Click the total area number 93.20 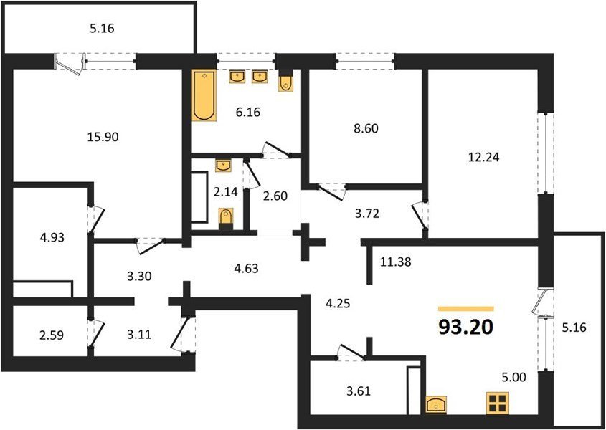[x=465, y=328]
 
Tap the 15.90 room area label [x=103, y=136]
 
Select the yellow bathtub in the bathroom [x=204, y=95]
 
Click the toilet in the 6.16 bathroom [x=285, y=82]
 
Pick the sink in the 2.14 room [x=223, y=166]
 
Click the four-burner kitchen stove [x=498, y=402]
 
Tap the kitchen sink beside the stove [x=436, y=404]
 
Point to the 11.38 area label [x=396, y=263]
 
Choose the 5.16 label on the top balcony [x=102, y=29]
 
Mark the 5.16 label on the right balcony [x=574, y=328]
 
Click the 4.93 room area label [x=52, y=237]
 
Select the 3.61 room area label [x=359, y=391]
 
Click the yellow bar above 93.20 [x=465, y=309]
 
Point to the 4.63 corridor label [x=245, y=268]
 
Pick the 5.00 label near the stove [x=513, y=377]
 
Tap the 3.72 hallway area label [x=366, y=213]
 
